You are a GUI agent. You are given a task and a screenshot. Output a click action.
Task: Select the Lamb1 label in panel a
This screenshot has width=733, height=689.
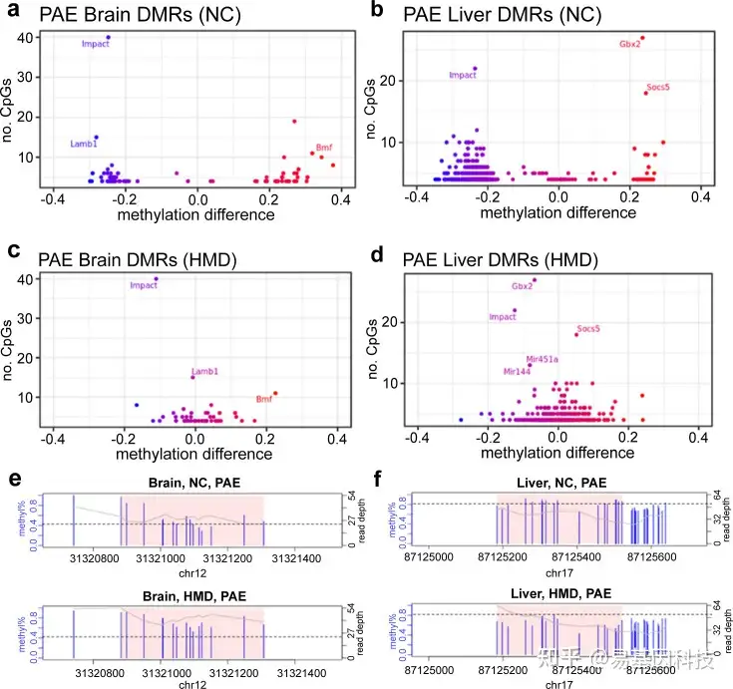(84, 145)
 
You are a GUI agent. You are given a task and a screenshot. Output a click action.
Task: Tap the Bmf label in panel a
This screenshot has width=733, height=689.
(323, 148)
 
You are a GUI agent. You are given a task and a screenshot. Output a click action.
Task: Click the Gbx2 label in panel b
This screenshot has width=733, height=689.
(629, 44)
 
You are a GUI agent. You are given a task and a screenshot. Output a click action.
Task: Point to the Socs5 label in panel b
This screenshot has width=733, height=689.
(658, 88)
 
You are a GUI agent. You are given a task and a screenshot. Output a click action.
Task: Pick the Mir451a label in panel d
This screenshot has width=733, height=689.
(542, 359)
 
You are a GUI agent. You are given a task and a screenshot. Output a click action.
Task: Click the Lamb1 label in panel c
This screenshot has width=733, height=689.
(203, 371)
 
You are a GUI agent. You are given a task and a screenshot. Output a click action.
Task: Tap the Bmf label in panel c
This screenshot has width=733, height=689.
(264, 399)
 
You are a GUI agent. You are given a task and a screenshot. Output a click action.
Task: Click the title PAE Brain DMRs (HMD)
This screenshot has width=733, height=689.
(136, 260)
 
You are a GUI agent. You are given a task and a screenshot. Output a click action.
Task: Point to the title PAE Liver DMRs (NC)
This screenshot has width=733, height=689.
(504, 17)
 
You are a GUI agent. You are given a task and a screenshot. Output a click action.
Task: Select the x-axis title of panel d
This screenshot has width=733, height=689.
(558, 454)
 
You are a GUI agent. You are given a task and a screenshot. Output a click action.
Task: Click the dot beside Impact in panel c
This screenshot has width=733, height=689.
(156, 279)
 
